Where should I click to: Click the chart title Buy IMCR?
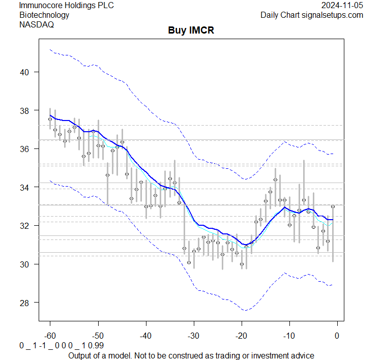click(x=191, y=31)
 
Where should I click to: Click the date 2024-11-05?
click(x=342, y=6)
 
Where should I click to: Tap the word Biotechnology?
click(x=44, y=15)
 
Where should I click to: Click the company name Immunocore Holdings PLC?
click(x=66, y=6)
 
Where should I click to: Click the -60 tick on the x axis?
click(x=50, y=336)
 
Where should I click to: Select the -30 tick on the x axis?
click(x=193, y=336)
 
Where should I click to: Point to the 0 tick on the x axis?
click(x=337, y=336)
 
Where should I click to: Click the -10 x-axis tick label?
click(x=289, y=336)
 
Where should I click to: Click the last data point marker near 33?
click(x=333, y=206)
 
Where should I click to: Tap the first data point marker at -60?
click(x=50, y=119)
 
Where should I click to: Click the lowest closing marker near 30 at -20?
click(x=242, y=264)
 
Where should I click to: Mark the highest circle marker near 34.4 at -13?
click(x=275, y=179)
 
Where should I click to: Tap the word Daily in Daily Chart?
click(x=272, y=15)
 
